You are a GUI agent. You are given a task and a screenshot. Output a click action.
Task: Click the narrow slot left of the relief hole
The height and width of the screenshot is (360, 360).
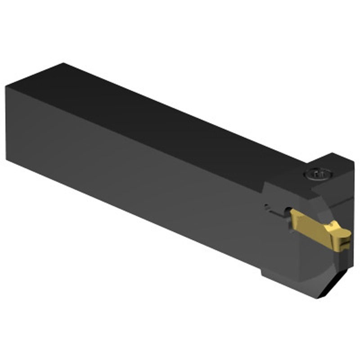pyautogui.click(x=272, y=207)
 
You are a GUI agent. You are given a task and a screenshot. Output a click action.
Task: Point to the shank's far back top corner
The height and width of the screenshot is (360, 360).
pyautogui.click(x=63, y=64)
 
